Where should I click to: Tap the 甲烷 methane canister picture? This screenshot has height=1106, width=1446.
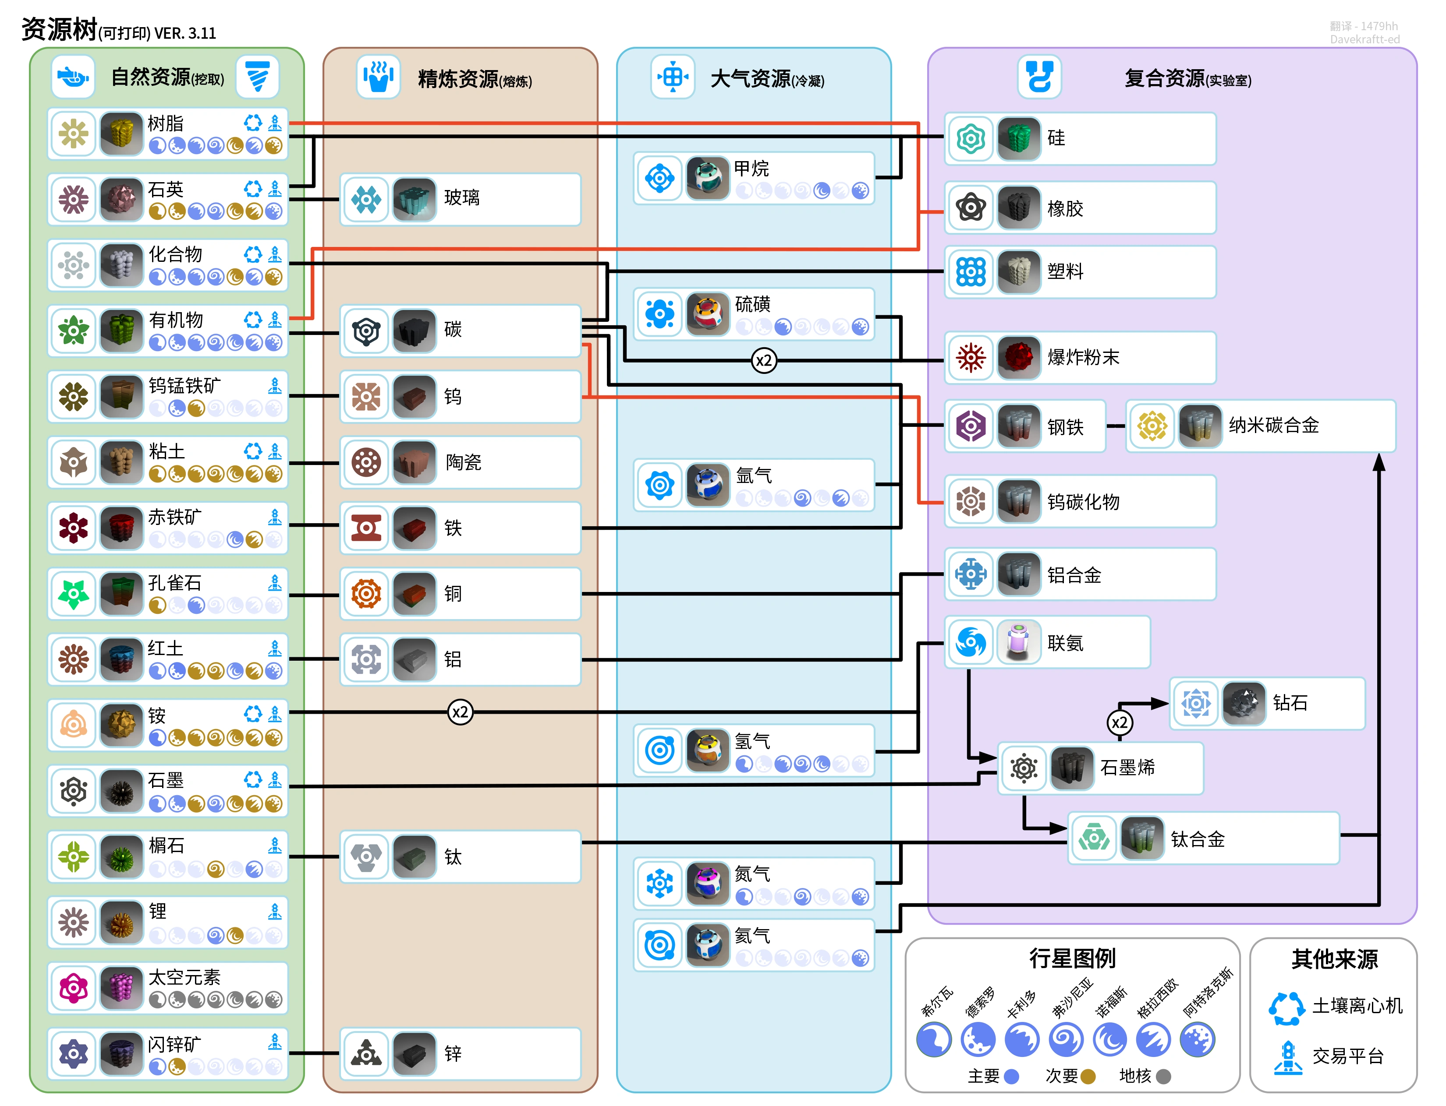707,178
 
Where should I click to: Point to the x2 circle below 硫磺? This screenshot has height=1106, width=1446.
763,361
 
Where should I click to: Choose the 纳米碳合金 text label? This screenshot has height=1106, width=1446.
1273,425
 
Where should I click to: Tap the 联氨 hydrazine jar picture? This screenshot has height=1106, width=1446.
1018,642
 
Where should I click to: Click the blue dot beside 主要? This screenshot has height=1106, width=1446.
1011,1076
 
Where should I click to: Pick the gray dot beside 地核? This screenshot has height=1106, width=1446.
1163,1076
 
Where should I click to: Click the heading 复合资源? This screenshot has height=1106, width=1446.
1164,78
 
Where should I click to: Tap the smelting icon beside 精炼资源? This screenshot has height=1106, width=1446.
378,77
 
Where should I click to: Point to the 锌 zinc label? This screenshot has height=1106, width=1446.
453,1054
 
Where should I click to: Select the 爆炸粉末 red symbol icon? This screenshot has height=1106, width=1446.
971,357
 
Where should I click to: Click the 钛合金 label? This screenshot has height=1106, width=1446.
1198,839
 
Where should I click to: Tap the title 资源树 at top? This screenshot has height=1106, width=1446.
59,30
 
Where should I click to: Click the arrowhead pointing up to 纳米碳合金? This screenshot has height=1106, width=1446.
1379,463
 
